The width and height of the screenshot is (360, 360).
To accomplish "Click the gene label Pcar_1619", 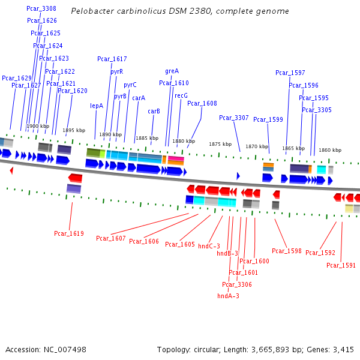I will click(x=69, y=233).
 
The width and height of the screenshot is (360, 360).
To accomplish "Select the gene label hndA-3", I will click(x=228, y=296).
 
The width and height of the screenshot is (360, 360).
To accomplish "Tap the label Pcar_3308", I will click(x=41, y=8).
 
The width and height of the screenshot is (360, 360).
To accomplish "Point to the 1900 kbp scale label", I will click(x=38, y=126).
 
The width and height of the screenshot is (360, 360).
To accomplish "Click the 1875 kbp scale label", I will click(x=220, y=144).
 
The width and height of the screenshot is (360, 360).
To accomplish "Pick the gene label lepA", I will click(x=97, y=106).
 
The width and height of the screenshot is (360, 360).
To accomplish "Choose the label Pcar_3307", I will click(x=233, y=118).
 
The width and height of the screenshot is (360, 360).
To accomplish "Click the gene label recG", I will click(x=181, y=95).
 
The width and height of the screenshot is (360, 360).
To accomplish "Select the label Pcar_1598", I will click(x=287, y=251).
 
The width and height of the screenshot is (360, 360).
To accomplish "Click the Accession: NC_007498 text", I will click(x=46, y=349).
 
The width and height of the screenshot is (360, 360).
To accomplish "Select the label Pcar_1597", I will click(x=290, y=73).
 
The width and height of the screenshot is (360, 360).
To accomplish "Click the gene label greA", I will click(x=172, y=71).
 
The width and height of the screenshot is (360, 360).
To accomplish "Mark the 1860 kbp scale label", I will click(x=329, y=150).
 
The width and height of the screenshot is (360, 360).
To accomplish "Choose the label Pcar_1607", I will click(x=111, y=239).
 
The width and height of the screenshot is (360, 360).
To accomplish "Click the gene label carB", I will click(x=154, y=111).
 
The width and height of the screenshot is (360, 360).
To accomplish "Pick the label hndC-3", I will click(x=209, y=246).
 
